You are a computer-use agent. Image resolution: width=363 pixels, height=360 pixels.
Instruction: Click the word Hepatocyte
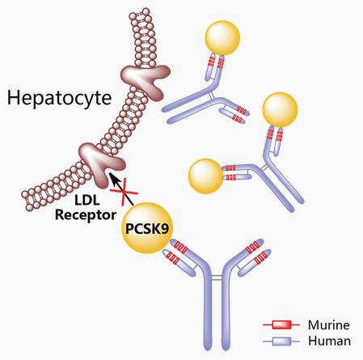(x=53, y=99)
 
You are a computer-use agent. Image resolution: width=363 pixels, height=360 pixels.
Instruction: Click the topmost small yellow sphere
(x=222, y=37)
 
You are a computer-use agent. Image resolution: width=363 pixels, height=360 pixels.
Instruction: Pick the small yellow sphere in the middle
(x=205, y=175)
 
